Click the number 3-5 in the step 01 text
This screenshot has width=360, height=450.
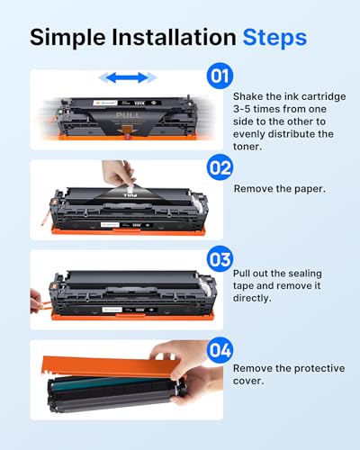[x=243, y=110]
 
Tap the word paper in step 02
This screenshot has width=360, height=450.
[x=302, y=189]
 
